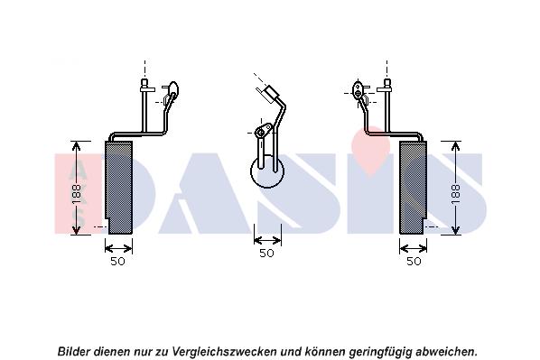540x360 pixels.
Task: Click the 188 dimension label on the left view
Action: [x=77, y=194]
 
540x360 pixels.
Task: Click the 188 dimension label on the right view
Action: [x=455, y=194]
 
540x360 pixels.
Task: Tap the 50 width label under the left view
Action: [x=117, y=262]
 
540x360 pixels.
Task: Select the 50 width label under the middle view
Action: [x=266, y=253]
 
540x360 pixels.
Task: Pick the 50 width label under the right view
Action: [x=414, y=262]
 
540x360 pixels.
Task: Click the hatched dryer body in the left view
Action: [x=119, y=188]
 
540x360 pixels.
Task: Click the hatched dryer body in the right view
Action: [x=413, y=188]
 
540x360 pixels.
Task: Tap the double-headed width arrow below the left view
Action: [x=118, y=248]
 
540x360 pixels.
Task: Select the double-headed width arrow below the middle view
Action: [x=267, y=240]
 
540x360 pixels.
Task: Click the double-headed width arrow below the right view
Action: [x=413, y=248]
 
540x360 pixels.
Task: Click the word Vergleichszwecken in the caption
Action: [x=224, y=351]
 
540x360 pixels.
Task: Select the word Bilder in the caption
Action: [x=74, y=351]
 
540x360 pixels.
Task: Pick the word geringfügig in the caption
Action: [x=380, y=352]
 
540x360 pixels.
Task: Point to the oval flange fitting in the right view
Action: [x=358, y=89]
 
